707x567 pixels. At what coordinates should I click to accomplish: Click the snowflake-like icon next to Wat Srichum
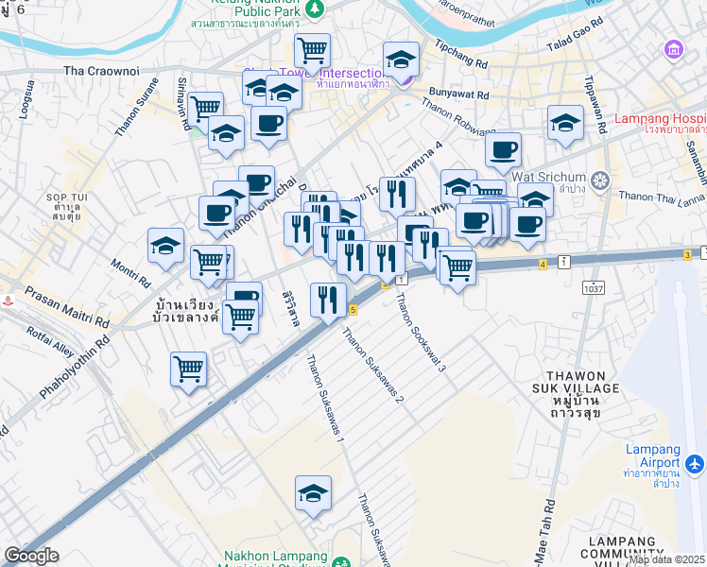pyautogui.click(x=599, y=179)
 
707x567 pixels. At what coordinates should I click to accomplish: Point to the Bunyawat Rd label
pyautogui.click(x=458, y=94)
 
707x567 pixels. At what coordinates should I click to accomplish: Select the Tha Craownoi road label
pyautogui.click(x=101, y=71)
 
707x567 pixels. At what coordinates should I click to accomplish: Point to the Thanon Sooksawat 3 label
pyautogui.click(x=421, y=331)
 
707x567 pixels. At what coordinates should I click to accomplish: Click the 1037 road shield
pyautogui.click(x=594, y=287)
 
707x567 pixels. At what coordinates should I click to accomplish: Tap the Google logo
pyautogui.click(x=31, y=556)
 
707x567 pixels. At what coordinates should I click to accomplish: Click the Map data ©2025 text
pyautogui.click(x=667, y=559)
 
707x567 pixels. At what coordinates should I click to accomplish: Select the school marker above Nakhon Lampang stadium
pyautogui.click(x=314, y=493)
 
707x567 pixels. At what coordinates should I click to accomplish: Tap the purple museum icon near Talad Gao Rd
pyautogui.click(x=674, y=48)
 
